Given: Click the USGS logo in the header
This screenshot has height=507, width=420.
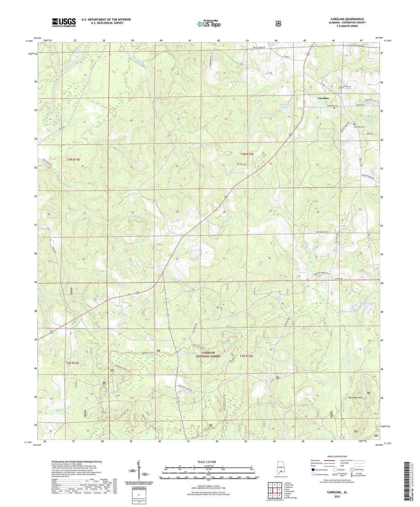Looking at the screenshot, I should (x=64, y=22).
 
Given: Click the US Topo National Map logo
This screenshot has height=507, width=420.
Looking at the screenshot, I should (x=209, y=24).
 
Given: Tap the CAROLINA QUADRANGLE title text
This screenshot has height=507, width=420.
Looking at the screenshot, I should (x=347, y=19).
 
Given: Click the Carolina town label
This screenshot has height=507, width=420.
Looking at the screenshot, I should (x=323, y=98).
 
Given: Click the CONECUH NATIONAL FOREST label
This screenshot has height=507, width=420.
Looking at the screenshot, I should (x=208, y=354).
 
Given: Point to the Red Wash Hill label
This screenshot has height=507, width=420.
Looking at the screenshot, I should (x=355, y=398).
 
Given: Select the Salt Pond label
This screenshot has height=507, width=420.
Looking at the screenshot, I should (x=278, y=298).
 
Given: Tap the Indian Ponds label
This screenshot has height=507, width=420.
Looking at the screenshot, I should (x=134, y=216).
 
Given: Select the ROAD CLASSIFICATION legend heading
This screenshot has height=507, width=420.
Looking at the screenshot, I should (x=337, y=456).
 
